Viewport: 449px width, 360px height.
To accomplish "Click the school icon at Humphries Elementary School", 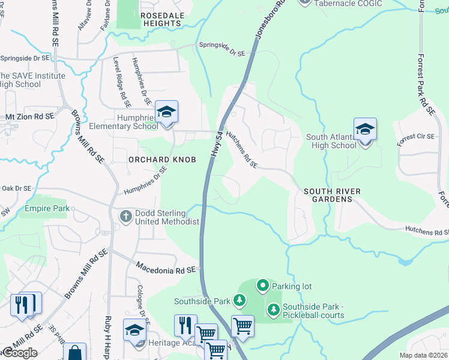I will pos(167,112).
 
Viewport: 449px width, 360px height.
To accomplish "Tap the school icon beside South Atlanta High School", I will pos(365,130).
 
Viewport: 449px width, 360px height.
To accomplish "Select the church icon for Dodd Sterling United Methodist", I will pos(125,215).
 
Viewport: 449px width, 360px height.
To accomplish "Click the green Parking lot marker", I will pos(262,286).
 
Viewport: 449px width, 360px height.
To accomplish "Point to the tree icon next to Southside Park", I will pos(240,299).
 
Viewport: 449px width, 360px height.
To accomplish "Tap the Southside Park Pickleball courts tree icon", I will pos(273,309).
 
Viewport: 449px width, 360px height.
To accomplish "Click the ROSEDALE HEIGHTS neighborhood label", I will pos(160,19).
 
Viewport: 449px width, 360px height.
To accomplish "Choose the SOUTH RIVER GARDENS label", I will pos(332,195).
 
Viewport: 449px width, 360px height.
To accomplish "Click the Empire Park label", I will pos(47,209).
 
